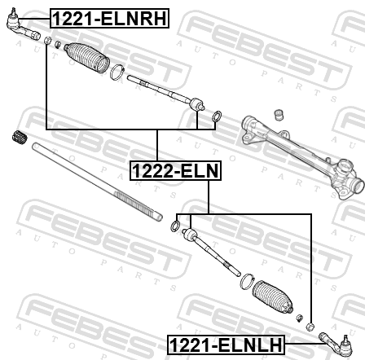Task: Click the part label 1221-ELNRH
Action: point(109,19)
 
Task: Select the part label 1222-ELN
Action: point(176,170)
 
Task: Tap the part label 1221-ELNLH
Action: point(226,345)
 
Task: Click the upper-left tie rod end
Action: point(22,26)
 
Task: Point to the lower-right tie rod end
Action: point(336,344)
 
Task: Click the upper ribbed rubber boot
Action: point(87,58)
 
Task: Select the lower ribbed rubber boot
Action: point(273,297)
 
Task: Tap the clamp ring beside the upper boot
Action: point(117,72)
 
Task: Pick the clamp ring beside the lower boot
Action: point(247,282)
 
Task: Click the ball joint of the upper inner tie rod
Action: point(196,104)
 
